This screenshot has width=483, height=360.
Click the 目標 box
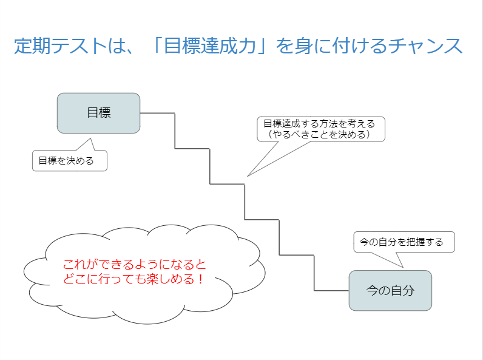point(98,113)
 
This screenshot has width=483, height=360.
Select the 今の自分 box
point(390,290)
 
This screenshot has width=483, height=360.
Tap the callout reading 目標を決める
point(69,161)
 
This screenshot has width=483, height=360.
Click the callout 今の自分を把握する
point(404,242)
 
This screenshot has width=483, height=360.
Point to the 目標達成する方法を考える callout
point(320,123)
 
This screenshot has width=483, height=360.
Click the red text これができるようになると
point(135,265)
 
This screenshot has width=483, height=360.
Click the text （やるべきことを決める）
point(320,134)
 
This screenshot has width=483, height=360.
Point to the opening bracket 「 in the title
point(160,47)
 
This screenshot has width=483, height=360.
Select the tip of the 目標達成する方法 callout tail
point(248,176)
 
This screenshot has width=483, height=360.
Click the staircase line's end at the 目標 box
point(141,113)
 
